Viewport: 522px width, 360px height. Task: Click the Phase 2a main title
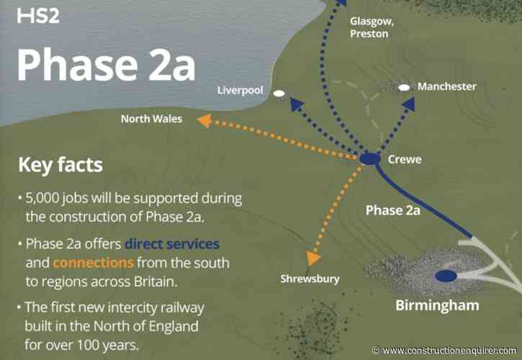coord(105,65)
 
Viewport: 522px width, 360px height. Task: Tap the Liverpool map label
coord(241,91)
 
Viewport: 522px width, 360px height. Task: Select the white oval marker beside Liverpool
coord(279,93)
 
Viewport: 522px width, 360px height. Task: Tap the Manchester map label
coord(447,86)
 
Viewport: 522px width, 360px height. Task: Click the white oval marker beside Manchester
coord(405,87)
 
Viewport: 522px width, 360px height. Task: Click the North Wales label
coord(151,119)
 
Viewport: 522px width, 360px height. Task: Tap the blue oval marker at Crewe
coord(369,158)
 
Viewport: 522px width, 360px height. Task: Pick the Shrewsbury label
coord(310,279)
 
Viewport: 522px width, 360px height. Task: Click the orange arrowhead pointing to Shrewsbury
coord(312,258)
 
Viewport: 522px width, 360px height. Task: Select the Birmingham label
coord(437,305)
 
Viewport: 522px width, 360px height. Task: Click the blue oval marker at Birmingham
coord(446,275)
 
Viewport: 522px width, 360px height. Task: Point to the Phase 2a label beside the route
coord(392,211)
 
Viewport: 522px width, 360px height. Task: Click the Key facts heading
coord(60,166)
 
